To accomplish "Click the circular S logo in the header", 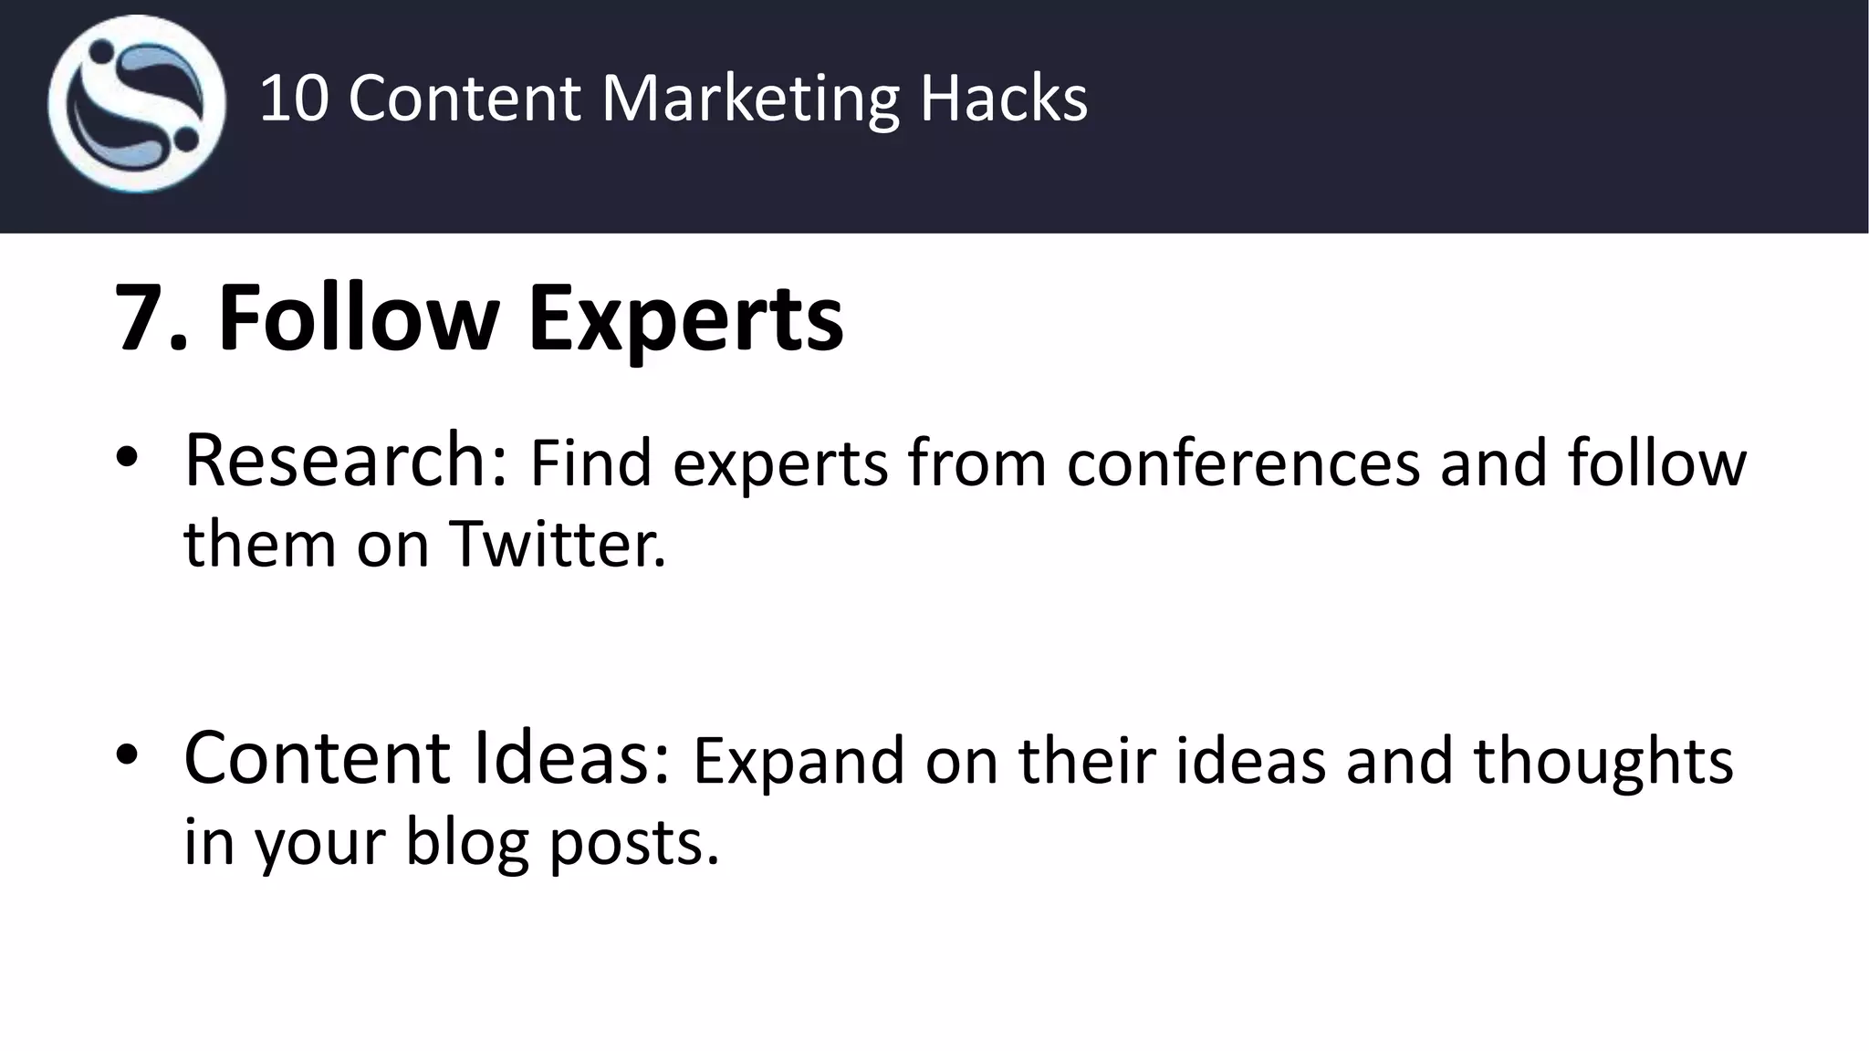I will click(137, 103).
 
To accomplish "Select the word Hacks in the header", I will click(1004, 98).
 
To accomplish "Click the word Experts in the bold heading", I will click(685, 318).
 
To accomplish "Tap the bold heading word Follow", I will click(358, 318).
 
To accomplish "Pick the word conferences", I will click(1243, 463).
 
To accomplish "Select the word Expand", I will click(799, 761).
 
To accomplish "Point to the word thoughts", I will click(1603, 761).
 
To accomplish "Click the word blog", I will click(467, 841).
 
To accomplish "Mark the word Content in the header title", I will click(464, 98).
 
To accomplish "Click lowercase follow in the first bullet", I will click(1656, 463).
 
